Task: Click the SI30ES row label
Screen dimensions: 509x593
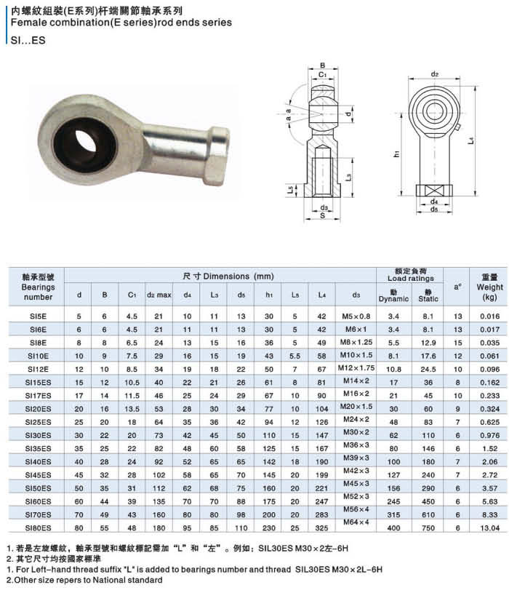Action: [38, 435]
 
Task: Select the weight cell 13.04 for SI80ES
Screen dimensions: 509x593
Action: [489, 528]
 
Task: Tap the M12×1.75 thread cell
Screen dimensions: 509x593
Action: [356, 367]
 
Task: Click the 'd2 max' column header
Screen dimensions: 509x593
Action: [159, 295]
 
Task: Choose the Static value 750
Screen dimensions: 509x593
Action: [428, 528]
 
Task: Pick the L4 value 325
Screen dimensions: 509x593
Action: [321, 528]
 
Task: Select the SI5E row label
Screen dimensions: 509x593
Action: [38, 317]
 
